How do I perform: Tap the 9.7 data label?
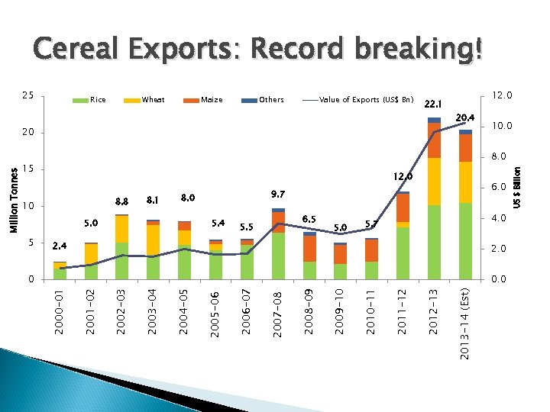279,194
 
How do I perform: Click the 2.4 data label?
60,246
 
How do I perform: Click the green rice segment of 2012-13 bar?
434,242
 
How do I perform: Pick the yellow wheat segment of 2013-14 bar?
465,182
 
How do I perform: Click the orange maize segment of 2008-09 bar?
309,249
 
